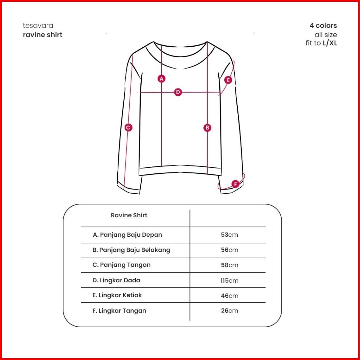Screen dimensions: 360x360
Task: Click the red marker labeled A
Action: tap(161, 79)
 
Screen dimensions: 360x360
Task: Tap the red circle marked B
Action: tap(208, 128)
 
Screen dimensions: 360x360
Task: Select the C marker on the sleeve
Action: tap(128, 128)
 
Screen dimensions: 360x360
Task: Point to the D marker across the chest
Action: tap(178, 92)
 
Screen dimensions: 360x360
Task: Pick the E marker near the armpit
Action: tap(228, 80)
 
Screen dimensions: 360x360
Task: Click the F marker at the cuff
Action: tap(235, 184)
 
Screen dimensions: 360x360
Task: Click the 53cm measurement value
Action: tap(229, 235)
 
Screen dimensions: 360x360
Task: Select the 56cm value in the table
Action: tap(229, 250)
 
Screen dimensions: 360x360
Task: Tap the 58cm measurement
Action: tap(229, 265)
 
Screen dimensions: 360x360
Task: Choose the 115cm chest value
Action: tap(229, 280)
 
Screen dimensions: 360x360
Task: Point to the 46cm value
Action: tap(229, 296)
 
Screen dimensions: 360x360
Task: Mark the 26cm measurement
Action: tap(229, 311)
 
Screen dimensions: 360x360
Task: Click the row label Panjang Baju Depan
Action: tap(127, 235)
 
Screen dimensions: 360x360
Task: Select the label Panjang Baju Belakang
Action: tap(131, 250)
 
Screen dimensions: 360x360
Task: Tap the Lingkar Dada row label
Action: tap(116, 280)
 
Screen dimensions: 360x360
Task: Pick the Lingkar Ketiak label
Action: tap(117, 295)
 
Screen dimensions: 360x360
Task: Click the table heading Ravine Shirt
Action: tap(129, 215)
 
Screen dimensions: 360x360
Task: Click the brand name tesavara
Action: tap(38, 25)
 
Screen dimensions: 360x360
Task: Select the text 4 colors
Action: tap(323, 25)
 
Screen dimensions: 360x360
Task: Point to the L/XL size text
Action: tap(330, 44)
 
